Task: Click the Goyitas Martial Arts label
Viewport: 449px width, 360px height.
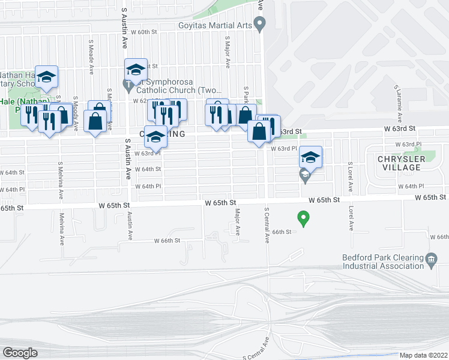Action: (213, 25)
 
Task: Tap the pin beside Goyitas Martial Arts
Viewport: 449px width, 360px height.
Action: (259, 25)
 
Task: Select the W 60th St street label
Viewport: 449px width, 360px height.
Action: (141, 32)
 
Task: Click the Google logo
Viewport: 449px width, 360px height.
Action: (20, 352)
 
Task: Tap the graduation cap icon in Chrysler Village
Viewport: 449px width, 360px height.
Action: (310, 157)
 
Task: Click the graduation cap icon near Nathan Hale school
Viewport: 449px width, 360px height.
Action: (46, 76)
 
